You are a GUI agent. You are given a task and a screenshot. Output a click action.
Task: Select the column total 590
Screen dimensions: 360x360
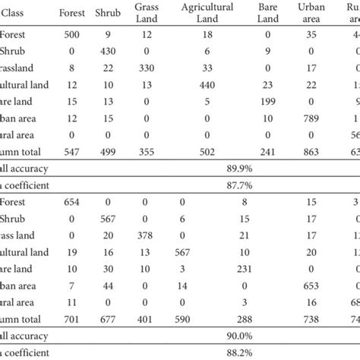click(194, 318)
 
